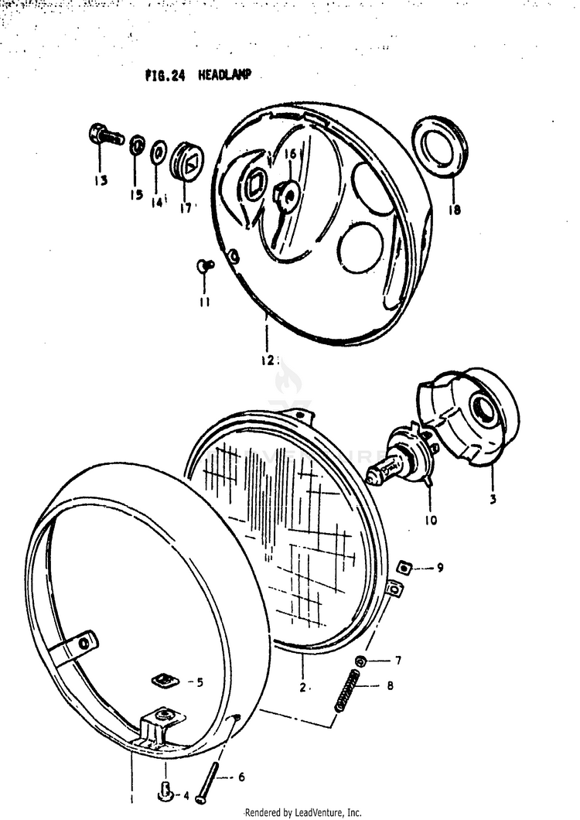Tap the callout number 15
[x=136, y=195]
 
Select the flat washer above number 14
[x=159, y=152]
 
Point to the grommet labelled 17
[x=186, y=159]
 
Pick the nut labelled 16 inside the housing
[x=287, y=193]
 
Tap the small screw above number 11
[x=204, y=265]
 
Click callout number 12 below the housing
[x=268, y=359]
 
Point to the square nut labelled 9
[x=404, y=569]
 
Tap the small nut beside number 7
[x=361, y=661]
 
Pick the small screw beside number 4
[x=164, y=793]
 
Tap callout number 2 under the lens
[x=303, y=687]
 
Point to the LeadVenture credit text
[x=302, y=812]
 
